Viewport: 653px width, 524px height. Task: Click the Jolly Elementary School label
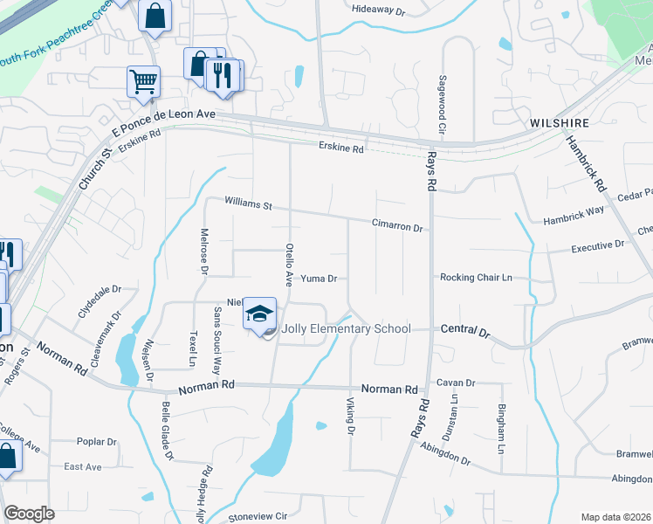[346, 329]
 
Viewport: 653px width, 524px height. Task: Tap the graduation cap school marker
[259, 314]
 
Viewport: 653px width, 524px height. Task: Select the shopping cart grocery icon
[143, 82]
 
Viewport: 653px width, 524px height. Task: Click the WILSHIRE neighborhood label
[560, 123]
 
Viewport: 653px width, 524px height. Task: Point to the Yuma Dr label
[319, 279]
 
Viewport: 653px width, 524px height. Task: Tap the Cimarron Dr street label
[397, 224]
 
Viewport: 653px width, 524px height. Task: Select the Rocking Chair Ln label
[476, 278]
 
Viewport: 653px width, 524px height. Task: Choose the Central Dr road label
[467, 332]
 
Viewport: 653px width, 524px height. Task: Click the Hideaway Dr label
[379, 10]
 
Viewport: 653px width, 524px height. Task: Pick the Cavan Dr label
[456, 383]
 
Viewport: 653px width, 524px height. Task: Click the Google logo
[30, 514]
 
